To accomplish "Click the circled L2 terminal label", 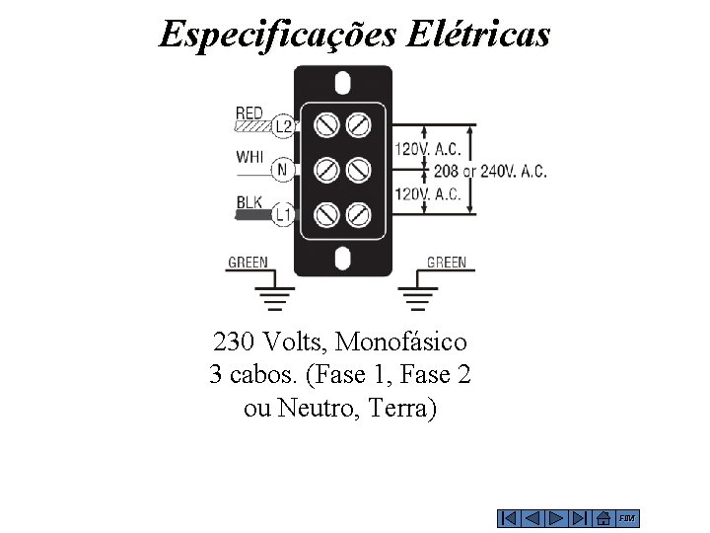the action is (x=283, y=126).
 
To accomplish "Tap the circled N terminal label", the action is (x=282, y=170).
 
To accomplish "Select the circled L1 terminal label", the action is (x=283, y=213).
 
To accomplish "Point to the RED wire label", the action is (x=249, y=114).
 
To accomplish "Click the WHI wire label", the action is (x=249, y=157).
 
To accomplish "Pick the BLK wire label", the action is (x=249, y=202).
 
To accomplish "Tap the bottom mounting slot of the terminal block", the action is (x=342, y=260).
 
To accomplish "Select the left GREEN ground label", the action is (x=248, y=263).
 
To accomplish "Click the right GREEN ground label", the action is (x=446, y=263).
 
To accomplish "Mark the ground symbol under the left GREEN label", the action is (x=274, y=296).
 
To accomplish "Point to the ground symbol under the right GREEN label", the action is (x=418, y=296).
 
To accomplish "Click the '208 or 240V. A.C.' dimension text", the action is (x=505, y=171).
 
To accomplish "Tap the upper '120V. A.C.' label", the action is (x=428, y=149).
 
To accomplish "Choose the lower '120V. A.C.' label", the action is (x=428, y=193).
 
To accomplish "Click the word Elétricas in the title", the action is (x=475, y=35).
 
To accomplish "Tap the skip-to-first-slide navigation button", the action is (x=509, y=518).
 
